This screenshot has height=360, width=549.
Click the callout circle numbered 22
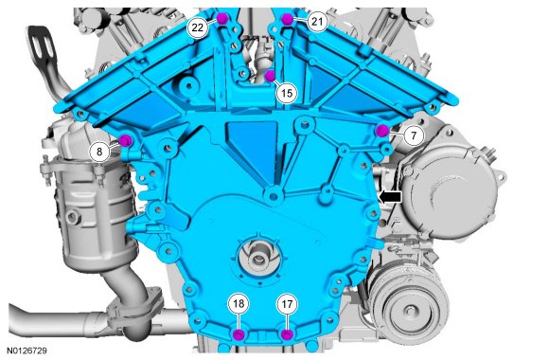[198, 27]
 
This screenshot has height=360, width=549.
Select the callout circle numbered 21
[317, 22]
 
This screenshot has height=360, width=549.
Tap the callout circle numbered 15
[287, 93]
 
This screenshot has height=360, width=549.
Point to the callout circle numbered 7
[414, 135]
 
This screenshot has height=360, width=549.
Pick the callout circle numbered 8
[99, 152]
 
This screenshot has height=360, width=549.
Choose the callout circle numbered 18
[239, 303]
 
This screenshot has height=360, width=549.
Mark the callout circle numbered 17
[287, 304]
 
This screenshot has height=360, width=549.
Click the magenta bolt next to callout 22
[222, 18]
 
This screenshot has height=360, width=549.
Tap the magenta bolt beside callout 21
[287, 19]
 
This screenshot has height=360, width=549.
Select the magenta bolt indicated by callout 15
[270, 76]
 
